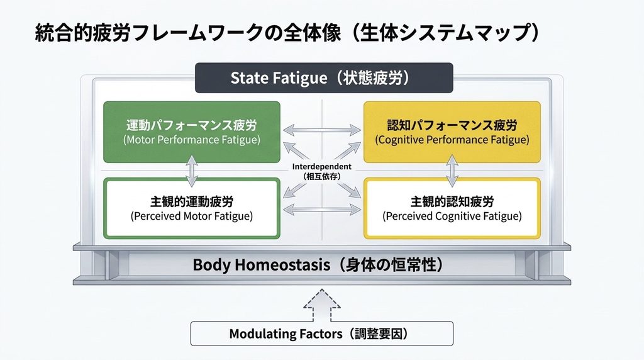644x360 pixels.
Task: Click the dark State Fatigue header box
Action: [324, 77]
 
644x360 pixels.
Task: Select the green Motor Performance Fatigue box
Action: [192, 132]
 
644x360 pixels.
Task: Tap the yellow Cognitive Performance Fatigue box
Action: [452, 132]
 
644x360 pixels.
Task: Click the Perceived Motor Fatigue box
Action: [192, 208]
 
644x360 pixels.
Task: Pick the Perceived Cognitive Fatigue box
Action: [452, 208]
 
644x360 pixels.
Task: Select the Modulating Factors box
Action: [321, 334]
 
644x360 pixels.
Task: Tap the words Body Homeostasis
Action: [261, 265]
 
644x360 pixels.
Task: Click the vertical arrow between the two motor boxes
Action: [192, 171]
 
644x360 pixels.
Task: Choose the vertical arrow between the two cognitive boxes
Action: [452, 171]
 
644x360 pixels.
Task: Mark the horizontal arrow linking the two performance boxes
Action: [322, 130]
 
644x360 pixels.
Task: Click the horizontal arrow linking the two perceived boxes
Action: [322, 210]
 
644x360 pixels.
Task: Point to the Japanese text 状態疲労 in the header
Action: [372, 77]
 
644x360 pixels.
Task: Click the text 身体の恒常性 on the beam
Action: [394, 265]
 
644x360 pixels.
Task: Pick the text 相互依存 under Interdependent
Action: [321, 176]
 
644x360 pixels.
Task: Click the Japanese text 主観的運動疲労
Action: [192, 202]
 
